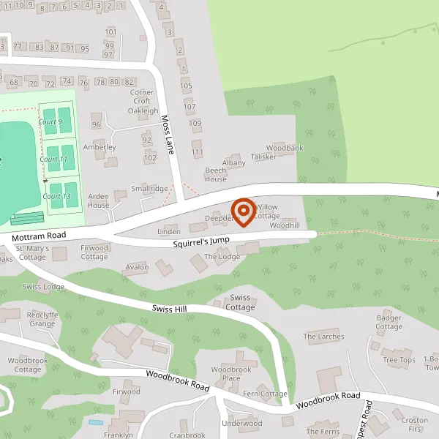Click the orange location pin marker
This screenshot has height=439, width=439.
243,211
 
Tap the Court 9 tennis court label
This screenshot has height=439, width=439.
51,121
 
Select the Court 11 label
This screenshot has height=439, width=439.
53,159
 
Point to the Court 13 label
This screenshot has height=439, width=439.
56,196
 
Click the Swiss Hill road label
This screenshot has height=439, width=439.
170,309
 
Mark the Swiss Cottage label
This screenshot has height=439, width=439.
241,302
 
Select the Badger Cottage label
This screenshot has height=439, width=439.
389,322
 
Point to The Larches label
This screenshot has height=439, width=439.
323,337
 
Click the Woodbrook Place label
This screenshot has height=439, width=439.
231,373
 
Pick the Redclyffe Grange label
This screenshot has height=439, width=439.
41,318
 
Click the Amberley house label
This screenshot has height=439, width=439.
100,147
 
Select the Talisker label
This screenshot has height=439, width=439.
263,157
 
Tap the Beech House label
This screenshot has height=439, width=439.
215,174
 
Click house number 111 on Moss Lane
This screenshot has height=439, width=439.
197,151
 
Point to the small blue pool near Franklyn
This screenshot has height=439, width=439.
95,422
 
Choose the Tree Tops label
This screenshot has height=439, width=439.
399,360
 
